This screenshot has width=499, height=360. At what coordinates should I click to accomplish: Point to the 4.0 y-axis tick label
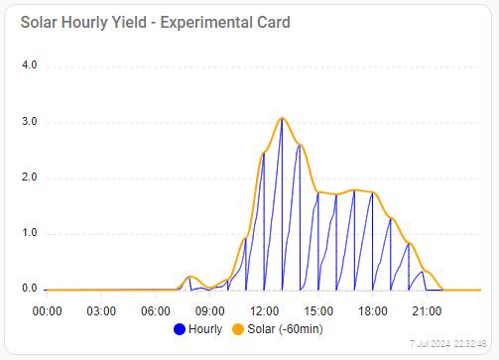tap(29, 66)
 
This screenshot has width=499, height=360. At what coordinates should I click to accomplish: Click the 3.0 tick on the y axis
tap(29, 122)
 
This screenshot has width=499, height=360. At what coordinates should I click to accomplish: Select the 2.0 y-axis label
tap(29, 179)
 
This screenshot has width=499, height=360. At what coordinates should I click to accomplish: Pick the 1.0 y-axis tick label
tap(29, 234)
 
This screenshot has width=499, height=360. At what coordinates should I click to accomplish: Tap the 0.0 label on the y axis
tap(29, 290)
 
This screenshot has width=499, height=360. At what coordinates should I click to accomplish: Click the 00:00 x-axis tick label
tap(47, 310)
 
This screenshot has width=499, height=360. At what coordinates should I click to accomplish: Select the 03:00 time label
tap(101, 310)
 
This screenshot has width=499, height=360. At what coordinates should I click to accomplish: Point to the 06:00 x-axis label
tap(155, 310)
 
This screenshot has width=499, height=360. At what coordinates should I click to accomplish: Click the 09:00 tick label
tap(209, 310)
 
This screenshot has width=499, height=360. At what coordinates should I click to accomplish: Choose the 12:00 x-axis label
tap(264, 310)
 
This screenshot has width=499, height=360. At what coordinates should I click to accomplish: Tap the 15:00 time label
tap(317, 310)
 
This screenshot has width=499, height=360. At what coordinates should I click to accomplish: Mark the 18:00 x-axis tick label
tap(372, 310)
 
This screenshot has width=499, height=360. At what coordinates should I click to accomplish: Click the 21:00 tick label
tap(427, 310)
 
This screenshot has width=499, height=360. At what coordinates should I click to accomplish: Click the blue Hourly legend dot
tap(180, 329)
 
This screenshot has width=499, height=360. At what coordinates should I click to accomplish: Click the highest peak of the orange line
tap(282, 118)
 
